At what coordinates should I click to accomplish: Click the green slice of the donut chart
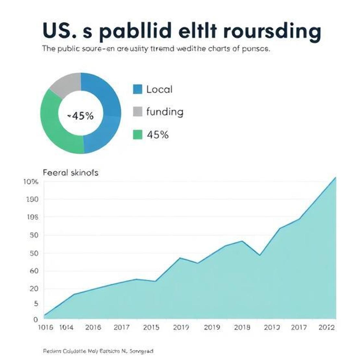coord(55,127)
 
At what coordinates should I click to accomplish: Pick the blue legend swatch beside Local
coord(138,89)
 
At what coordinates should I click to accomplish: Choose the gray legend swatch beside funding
coord(138,112)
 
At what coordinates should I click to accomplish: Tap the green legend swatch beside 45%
coord(138,135)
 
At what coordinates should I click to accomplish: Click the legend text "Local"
coord(159,89)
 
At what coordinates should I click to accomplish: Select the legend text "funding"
coord(165,112)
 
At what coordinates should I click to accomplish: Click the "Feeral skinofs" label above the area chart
coord(70,173)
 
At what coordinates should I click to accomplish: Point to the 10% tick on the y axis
coord(31,182)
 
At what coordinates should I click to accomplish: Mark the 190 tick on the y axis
coord(32,199)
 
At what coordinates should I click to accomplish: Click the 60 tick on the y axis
coord(34,271)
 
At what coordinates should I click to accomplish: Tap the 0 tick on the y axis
coord(36,320)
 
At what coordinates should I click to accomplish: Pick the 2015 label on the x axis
coord(151,327)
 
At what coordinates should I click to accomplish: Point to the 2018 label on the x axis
coord(242,327)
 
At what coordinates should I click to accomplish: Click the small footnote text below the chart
coord(98,351)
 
